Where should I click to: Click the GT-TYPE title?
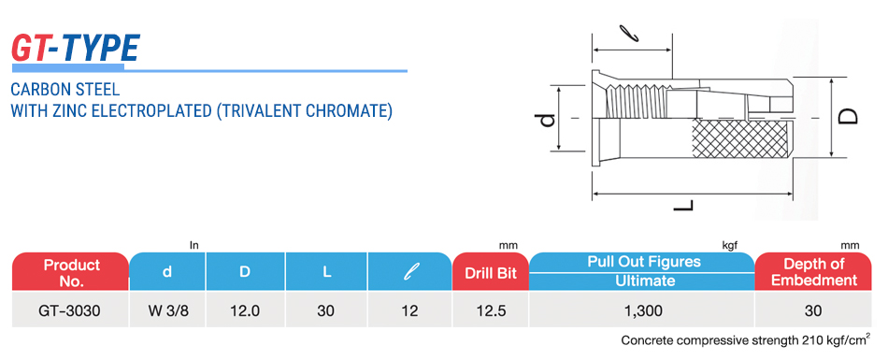[x=76, y=49]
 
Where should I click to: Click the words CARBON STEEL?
[x=65, y=90]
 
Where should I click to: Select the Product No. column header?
[x=71, y=273]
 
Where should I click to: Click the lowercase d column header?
[x=167, y=271]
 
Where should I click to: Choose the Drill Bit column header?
[x=491, y=273]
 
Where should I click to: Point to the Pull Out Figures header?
[x=642, y=262]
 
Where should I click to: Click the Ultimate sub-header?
[x=642, y=281]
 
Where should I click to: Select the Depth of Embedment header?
[x=814, y=271]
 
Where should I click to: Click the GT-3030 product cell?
[x=70, y=310]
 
